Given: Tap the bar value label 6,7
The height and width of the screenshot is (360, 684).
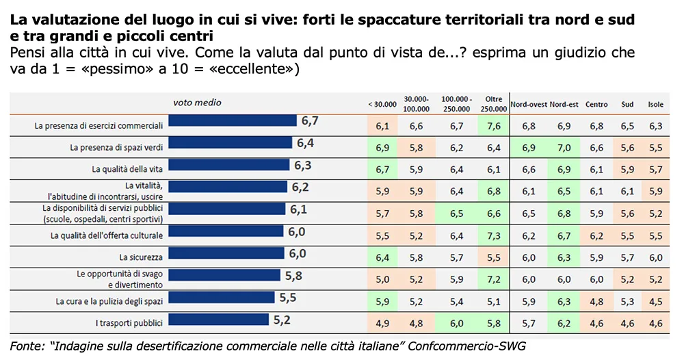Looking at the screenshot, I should pyautogui.click(x=309, y=121).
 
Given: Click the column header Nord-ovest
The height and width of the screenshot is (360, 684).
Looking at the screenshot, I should pyautogui.click(x=529, y=104).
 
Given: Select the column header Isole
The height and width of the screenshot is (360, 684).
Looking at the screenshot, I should pyautogui.click(x=655, y=104).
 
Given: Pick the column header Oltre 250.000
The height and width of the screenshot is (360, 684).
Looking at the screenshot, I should pyautogui.click(x=493, y=103).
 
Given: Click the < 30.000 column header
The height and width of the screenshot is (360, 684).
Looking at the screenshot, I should pyautogui.click(x=382, y=104).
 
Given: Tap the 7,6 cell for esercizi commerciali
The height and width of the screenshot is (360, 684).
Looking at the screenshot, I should pyautogui.click(x=493, y=126).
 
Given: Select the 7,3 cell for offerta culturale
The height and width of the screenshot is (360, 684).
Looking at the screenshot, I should pyautogui.click(x=493, y=235).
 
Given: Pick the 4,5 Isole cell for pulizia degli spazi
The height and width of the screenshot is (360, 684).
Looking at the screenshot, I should pyautogui.click(x=655, y=301).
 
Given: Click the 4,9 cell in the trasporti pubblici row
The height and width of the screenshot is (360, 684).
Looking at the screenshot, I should pyautogui.click(x=382, y=323).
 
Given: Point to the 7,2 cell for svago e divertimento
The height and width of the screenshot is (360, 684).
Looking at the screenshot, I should pyautogui.click(x=493, y=279).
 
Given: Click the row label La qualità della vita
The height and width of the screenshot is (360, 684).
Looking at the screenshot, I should pyautogui.click(x=127, y=168).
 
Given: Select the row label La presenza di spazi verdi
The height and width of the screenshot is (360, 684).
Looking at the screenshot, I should pyautogui.click(x=116, y=146).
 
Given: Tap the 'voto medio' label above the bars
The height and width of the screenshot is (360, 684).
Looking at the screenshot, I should pyautogui.click(x=197, y=103).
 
